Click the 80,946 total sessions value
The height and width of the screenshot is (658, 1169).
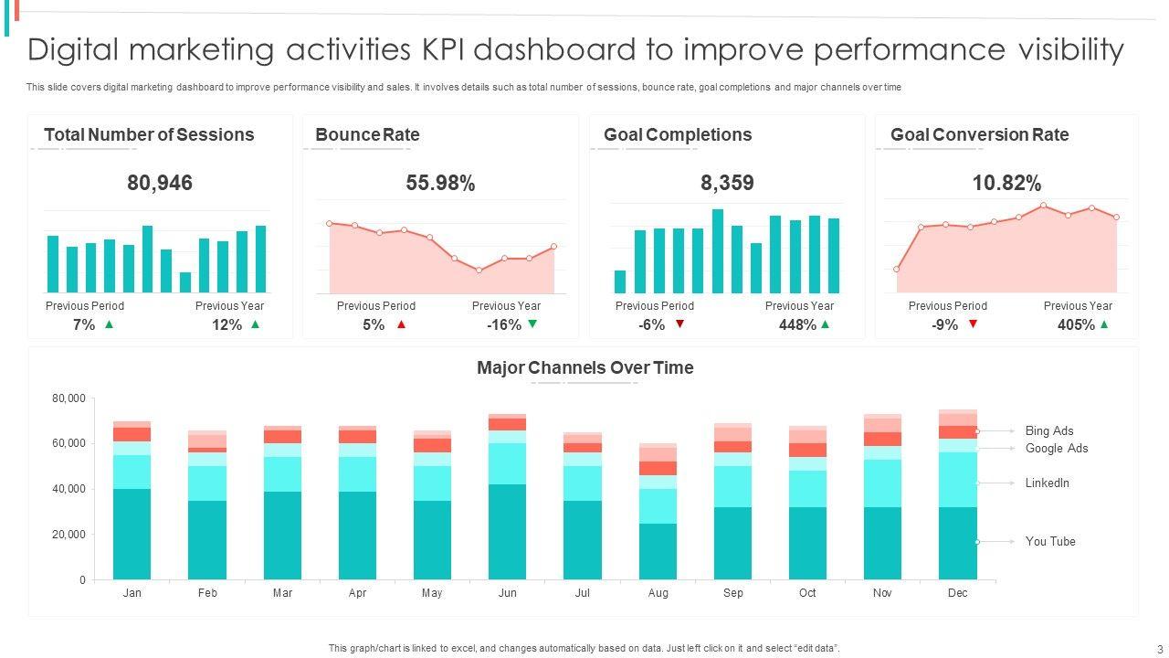pos(160,183)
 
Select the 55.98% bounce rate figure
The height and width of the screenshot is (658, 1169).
pos(440,183)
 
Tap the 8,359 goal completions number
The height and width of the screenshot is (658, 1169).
pos(727,183)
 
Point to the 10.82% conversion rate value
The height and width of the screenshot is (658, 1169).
pos(1006,183)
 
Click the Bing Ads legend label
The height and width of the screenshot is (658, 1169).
pos(1049,430)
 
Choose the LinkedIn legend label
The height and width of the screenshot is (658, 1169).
pos(1047,483)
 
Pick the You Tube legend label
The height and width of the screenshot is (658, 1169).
pos(1050,541)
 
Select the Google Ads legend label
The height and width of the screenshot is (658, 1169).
pos(1056,448)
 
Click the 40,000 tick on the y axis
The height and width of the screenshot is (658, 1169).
pos(69,489)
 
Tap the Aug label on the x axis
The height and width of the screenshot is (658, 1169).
pos(658,593)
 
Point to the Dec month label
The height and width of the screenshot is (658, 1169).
pos(957,593)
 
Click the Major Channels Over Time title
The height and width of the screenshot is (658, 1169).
pos(584,367)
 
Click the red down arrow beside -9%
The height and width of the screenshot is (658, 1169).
pos(973,324)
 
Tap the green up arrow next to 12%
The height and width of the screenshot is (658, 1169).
pos(255,324)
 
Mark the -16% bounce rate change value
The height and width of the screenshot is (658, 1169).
pos(504,324)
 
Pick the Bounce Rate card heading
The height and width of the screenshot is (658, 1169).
pos(367,134)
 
